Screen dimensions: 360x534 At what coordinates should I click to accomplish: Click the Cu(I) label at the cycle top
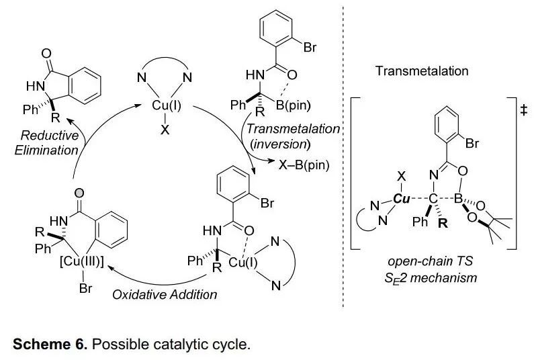[165, 106]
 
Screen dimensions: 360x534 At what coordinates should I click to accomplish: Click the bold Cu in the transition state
[402, 199]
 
